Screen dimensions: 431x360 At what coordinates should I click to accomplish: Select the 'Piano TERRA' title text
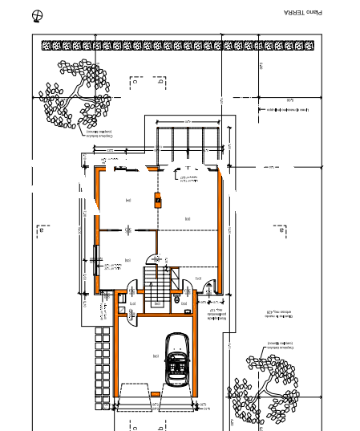coord(302,13)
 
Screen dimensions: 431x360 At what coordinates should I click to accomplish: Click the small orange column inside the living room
coord(158,197)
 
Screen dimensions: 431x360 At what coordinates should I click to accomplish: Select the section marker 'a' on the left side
coord(40,231)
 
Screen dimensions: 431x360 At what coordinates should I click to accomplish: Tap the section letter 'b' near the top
coord(161,81)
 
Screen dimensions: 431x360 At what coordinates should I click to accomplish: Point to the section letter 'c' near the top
coord(136,81)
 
